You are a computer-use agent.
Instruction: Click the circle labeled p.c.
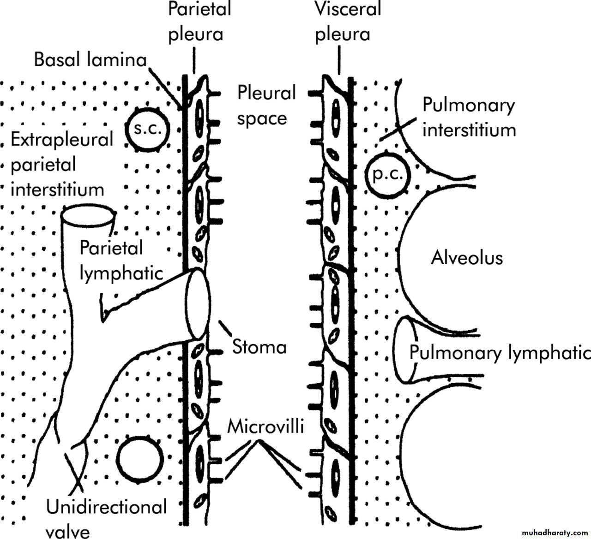click(x=388, y=175)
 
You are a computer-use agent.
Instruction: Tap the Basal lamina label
click(x=90, y=60)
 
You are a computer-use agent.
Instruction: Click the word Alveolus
click(x=466, y=257)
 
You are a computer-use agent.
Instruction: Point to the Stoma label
click(x=259, y=346)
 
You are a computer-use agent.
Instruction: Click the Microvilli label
click(x=265, y=427)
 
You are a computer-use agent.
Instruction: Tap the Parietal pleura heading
click(x=199, y=21)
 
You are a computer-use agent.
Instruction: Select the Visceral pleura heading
click(x=347, y=21)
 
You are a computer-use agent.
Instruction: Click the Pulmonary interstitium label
click(x=469, y=118)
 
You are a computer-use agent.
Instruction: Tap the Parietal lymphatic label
click(x=121, y=260)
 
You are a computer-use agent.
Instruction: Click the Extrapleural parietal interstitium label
click(x=61, y=165)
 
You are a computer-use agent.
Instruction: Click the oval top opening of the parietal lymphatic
click(x=88, y=215)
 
